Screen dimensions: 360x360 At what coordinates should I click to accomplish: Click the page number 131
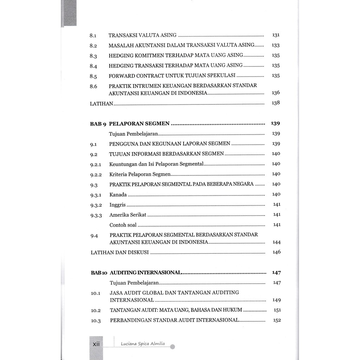pyautogui.click(x=276, y=35)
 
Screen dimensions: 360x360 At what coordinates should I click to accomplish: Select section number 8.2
pyautogui.click(x=93, y=46)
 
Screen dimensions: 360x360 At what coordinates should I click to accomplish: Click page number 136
pyautogui.click(x=276, y=93)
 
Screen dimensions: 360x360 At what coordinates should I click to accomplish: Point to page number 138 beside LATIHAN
pyautogui.click(x=276, y=103)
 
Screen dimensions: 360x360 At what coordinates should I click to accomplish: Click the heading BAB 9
pyautogui.click(x=98, y=124)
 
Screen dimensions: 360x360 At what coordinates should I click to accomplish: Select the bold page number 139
pyautogui.click(x=275, y=123)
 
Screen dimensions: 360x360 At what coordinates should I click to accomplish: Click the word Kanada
pyautogui.click(x=118, y=194)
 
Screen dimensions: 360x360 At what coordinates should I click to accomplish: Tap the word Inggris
pyautogui.click(x=117, y=205)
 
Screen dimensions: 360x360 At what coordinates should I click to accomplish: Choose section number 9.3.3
pyautogui.click(x=96, y=215)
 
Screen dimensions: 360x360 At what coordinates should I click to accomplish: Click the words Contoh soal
pyautogui.click(x=123, y=225)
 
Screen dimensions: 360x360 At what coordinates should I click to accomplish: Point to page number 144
pyautogui.click(x=276, y=242)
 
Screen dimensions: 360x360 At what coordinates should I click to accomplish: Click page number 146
pyautogui.click(x=276, y=252)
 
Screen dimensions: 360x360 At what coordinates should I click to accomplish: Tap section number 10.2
pyautogui.click(x=96, y=310)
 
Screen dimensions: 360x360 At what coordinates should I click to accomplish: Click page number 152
pyautogui.click(x=277, y=320)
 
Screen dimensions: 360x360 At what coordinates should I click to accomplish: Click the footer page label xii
pyautogui.click(x=96, y=344)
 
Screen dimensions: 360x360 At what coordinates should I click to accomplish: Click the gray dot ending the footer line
pyautogui.click(x=172, y=347)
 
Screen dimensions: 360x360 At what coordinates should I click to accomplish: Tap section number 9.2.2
pyautogui.click(x=96, y=174)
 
